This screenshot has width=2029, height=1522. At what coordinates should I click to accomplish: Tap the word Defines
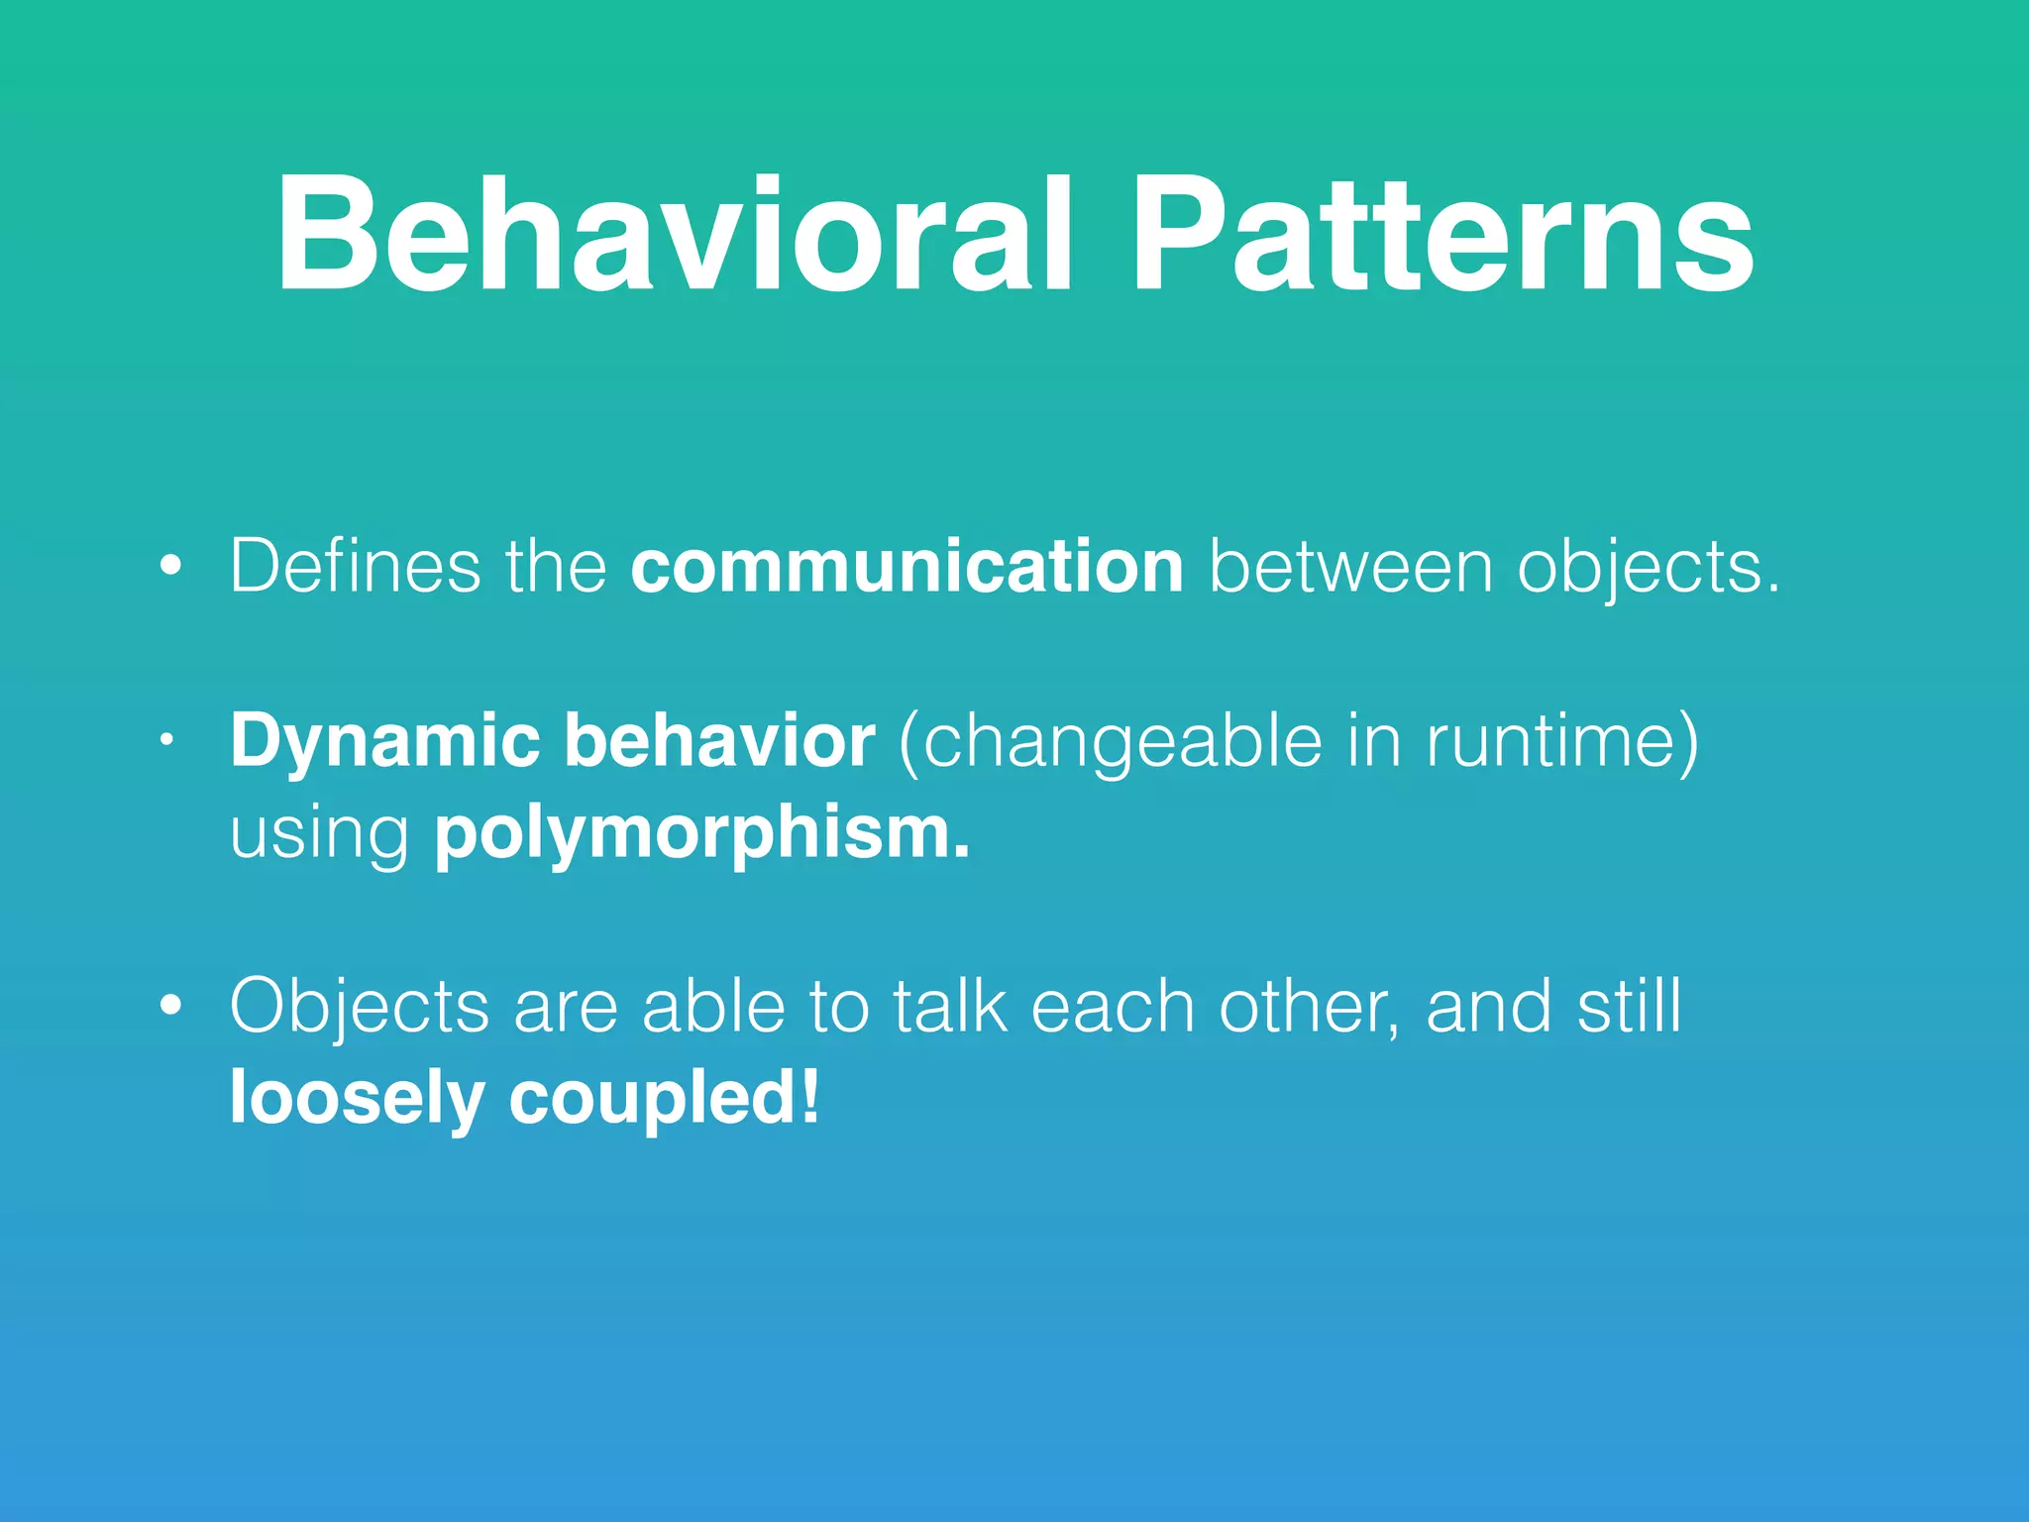click(355, 566)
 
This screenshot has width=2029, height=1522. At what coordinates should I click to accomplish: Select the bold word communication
click(907, 566)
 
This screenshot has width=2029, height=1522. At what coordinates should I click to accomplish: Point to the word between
click(1351, 566)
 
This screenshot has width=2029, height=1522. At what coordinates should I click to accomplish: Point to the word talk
click(950, 1006)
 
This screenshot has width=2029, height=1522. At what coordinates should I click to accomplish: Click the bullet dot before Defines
click(171, 566)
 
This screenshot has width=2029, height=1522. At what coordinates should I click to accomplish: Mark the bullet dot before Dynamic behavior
click(168, 739)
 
